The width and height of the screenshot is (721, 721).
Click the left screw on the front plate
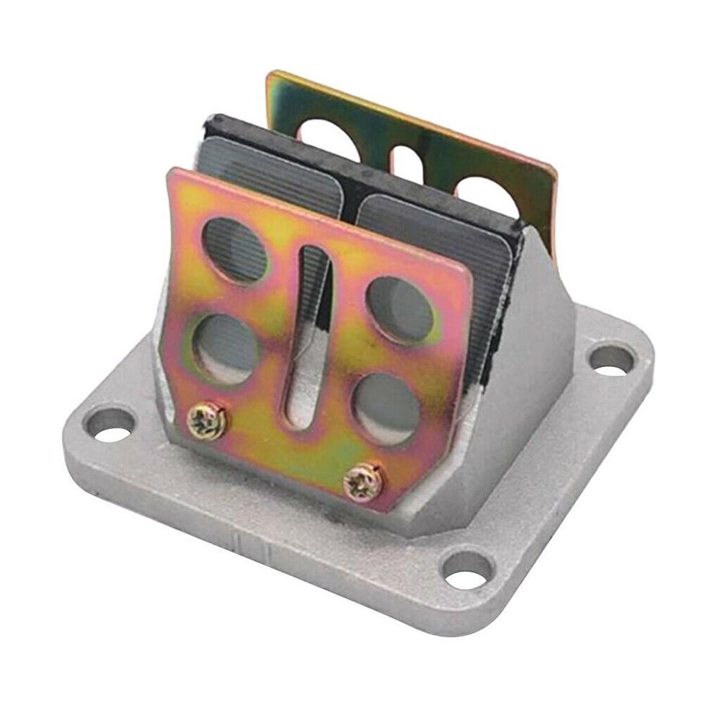207,421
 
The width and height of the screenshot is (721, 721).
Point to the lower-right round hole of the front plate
386,407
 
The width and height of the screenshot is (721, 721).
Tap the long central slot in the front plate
309,339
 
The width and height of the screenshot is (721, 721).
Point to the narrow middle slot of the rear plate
406,162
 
